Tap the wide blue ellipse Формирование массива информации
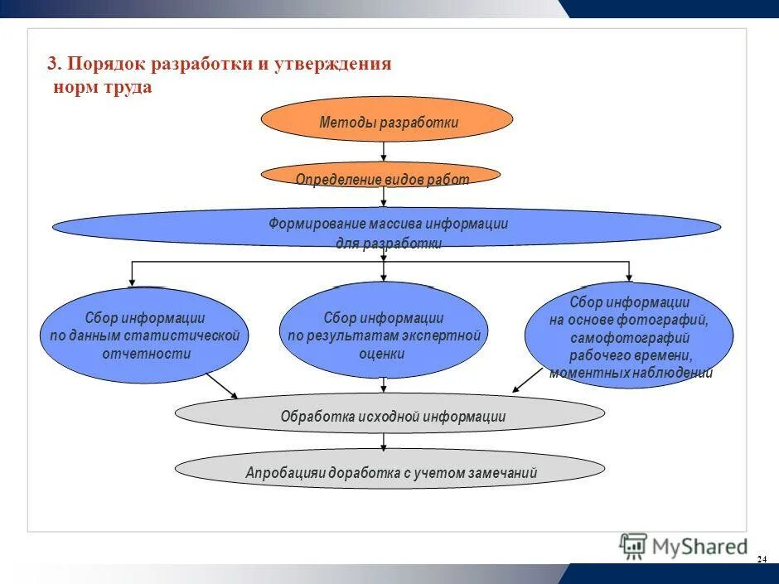click(x=387, y=227)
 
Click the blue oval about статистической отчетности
click(x=144, y=335)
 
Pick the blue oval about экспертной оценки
click(x=383, y=331)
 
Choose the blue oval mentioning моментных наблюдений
click(x=628, y=335)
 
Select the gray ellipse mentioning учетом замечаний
click(x=389, y=471)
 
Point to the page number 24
click(x=761, y=561)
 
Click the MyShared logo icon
click(x=633, y=546)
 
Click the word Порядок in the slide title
click(x=104, y=65)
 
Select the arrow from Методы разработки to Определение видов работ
click(x=384, y=152)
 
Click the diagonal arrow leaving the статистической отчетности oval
click(x=222, y=385)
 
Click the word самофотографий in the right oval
click(x=629, y=338)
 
